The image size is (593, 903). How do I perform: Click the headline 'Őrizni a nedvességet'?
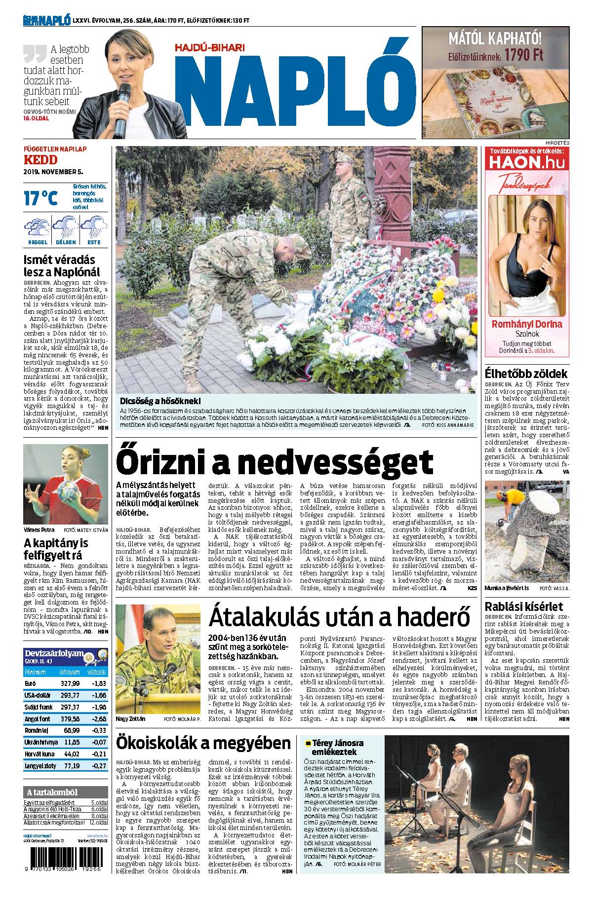(x=274, y=462)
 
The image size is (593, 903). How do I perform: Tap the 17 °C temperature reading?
(x=40, y=197)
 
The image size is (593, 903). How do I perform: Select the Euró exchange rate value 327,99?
(x=69, y=683)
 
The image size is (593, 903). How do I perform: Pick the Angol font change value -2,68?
(x=98, y=718)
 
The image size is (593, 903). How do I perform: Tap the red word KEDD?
(x=40, y=160)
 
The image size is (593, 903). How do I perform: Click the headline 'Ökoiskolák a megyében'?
(x=203, y=743)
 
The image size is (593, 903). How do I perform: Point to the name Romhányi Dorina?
(x=527, y=324)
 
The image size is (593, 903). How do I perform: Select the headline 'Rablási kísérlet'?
(x=524, y=606)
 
